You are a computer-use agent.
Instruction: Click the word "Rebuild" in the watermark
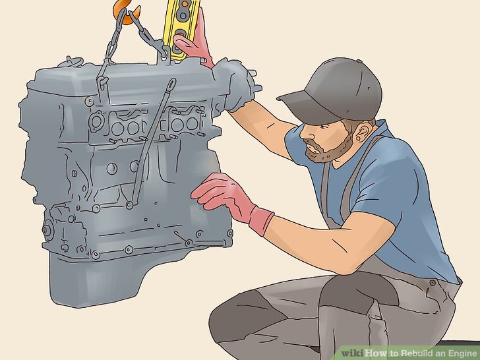click(x=416, y=353)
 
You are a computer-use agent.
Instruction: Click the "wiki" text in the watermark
click(x=353, y=353)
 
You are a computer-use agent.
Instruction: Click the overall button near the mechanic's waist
click(x=433, y=283)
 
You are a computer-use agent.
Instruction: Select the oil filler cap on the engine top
click(x=69, y=61)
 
